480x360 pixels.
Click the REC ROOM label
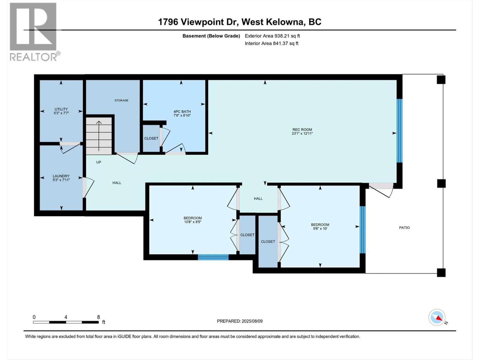[x=302, y=130]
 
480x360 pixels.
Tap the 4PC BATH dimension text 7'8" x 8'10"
[x=182, y=115]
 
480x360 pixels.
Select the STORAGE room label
[x=121, y=100]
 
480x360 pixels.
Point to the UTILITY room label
[x=61, y=109]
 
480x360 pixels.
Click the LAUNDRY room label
[x=61, y=176]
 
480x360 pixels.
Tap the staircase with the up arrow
[x=99, y=136]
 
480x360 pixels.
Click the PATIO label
[x=404, y=228]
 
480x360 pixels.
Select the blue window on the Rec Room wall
[x=399, y=131]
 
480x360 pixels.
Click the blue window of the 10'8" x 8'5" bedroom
[x=213, y=257]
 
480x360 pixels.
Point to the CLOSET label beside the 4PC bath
[x=151, y=138]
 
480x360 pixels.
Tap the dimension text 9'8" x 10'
[x=320, y=229]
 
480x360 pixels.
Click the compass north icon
[x=437, y=317]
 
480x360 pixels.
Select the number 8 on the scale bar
[x=98, y=317]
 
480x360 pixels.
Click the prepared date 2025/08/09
[x=252, y=321]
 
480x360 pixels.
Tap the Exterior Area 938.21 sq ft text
[x=272, y=36]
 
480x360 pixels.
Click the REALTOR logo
[x=34, y=31]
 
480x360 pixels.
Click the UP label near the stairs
[x=99, y=162]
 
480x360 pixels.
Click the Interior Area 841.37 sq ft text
[x=271, y=43]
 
